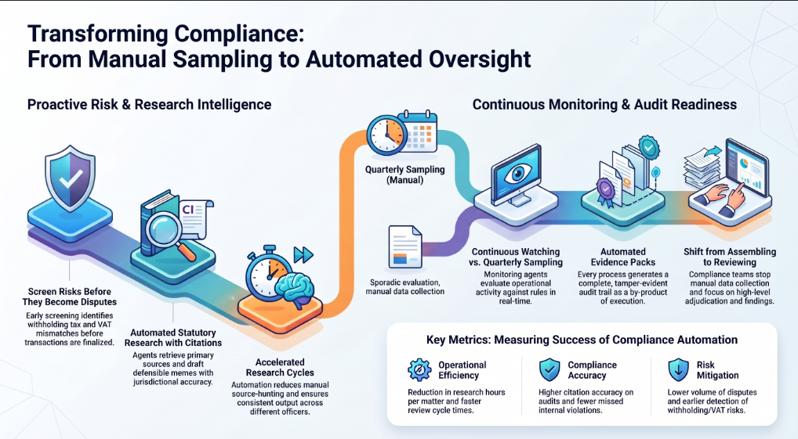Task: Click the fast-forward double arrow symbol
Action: tap(303, 254)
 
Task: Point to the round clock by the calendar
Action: tap(386, 135)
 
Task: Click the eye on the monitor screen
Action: tap(518, 173)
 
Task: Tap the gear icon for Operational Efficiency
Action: tap(420, 370)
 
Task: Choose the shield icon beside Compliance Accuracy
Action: tap(550, 369)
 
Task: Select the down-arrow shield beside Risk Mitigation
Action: tap(678, 369)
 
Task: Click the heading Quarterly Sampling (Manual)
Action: tap(405, 175)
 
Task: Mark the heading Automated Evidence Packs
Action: tap(623, 257)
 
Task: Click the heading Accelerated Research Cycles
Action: tap(280, 367)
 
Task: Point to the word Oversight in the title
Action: tap(480, 59)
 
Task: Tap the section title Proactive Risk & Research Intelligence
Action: tap(149, 105)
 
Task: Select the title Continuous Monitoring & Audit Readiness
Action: tap(604, 105)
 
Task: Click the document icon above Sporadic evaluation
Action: tap(405, 247)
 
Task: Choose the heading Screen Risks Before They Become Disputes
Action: tap(70, 297)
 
